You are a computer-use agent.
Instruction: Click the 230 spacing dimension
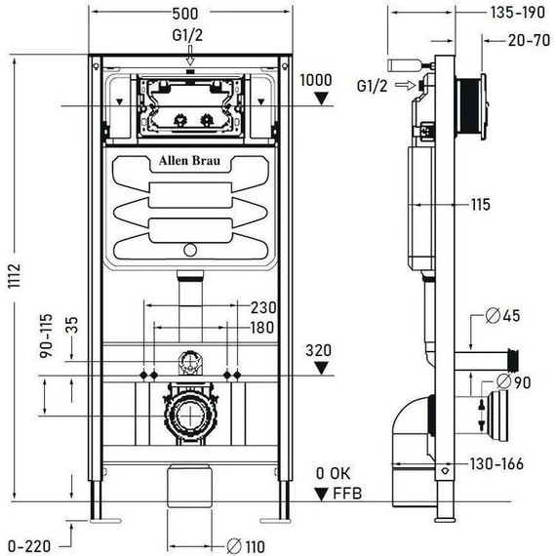click(261, 307)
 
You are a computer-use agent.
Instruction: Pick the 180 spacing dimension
click(261, 328)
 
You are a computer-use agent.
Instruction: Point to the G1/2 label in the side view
click(371, 86)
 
